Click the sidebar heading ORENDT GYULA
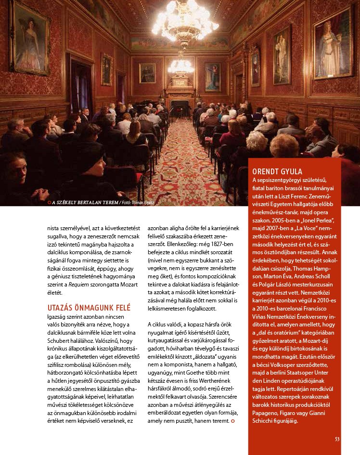[277, 171]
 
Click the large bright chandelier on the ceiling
[185, 22]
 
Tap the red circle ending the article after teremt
[233, 421]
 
